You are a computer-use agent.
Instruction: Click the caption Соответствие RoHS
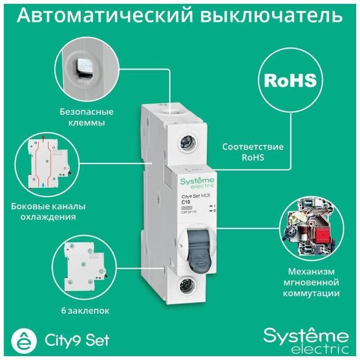[x=253, y=152]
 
